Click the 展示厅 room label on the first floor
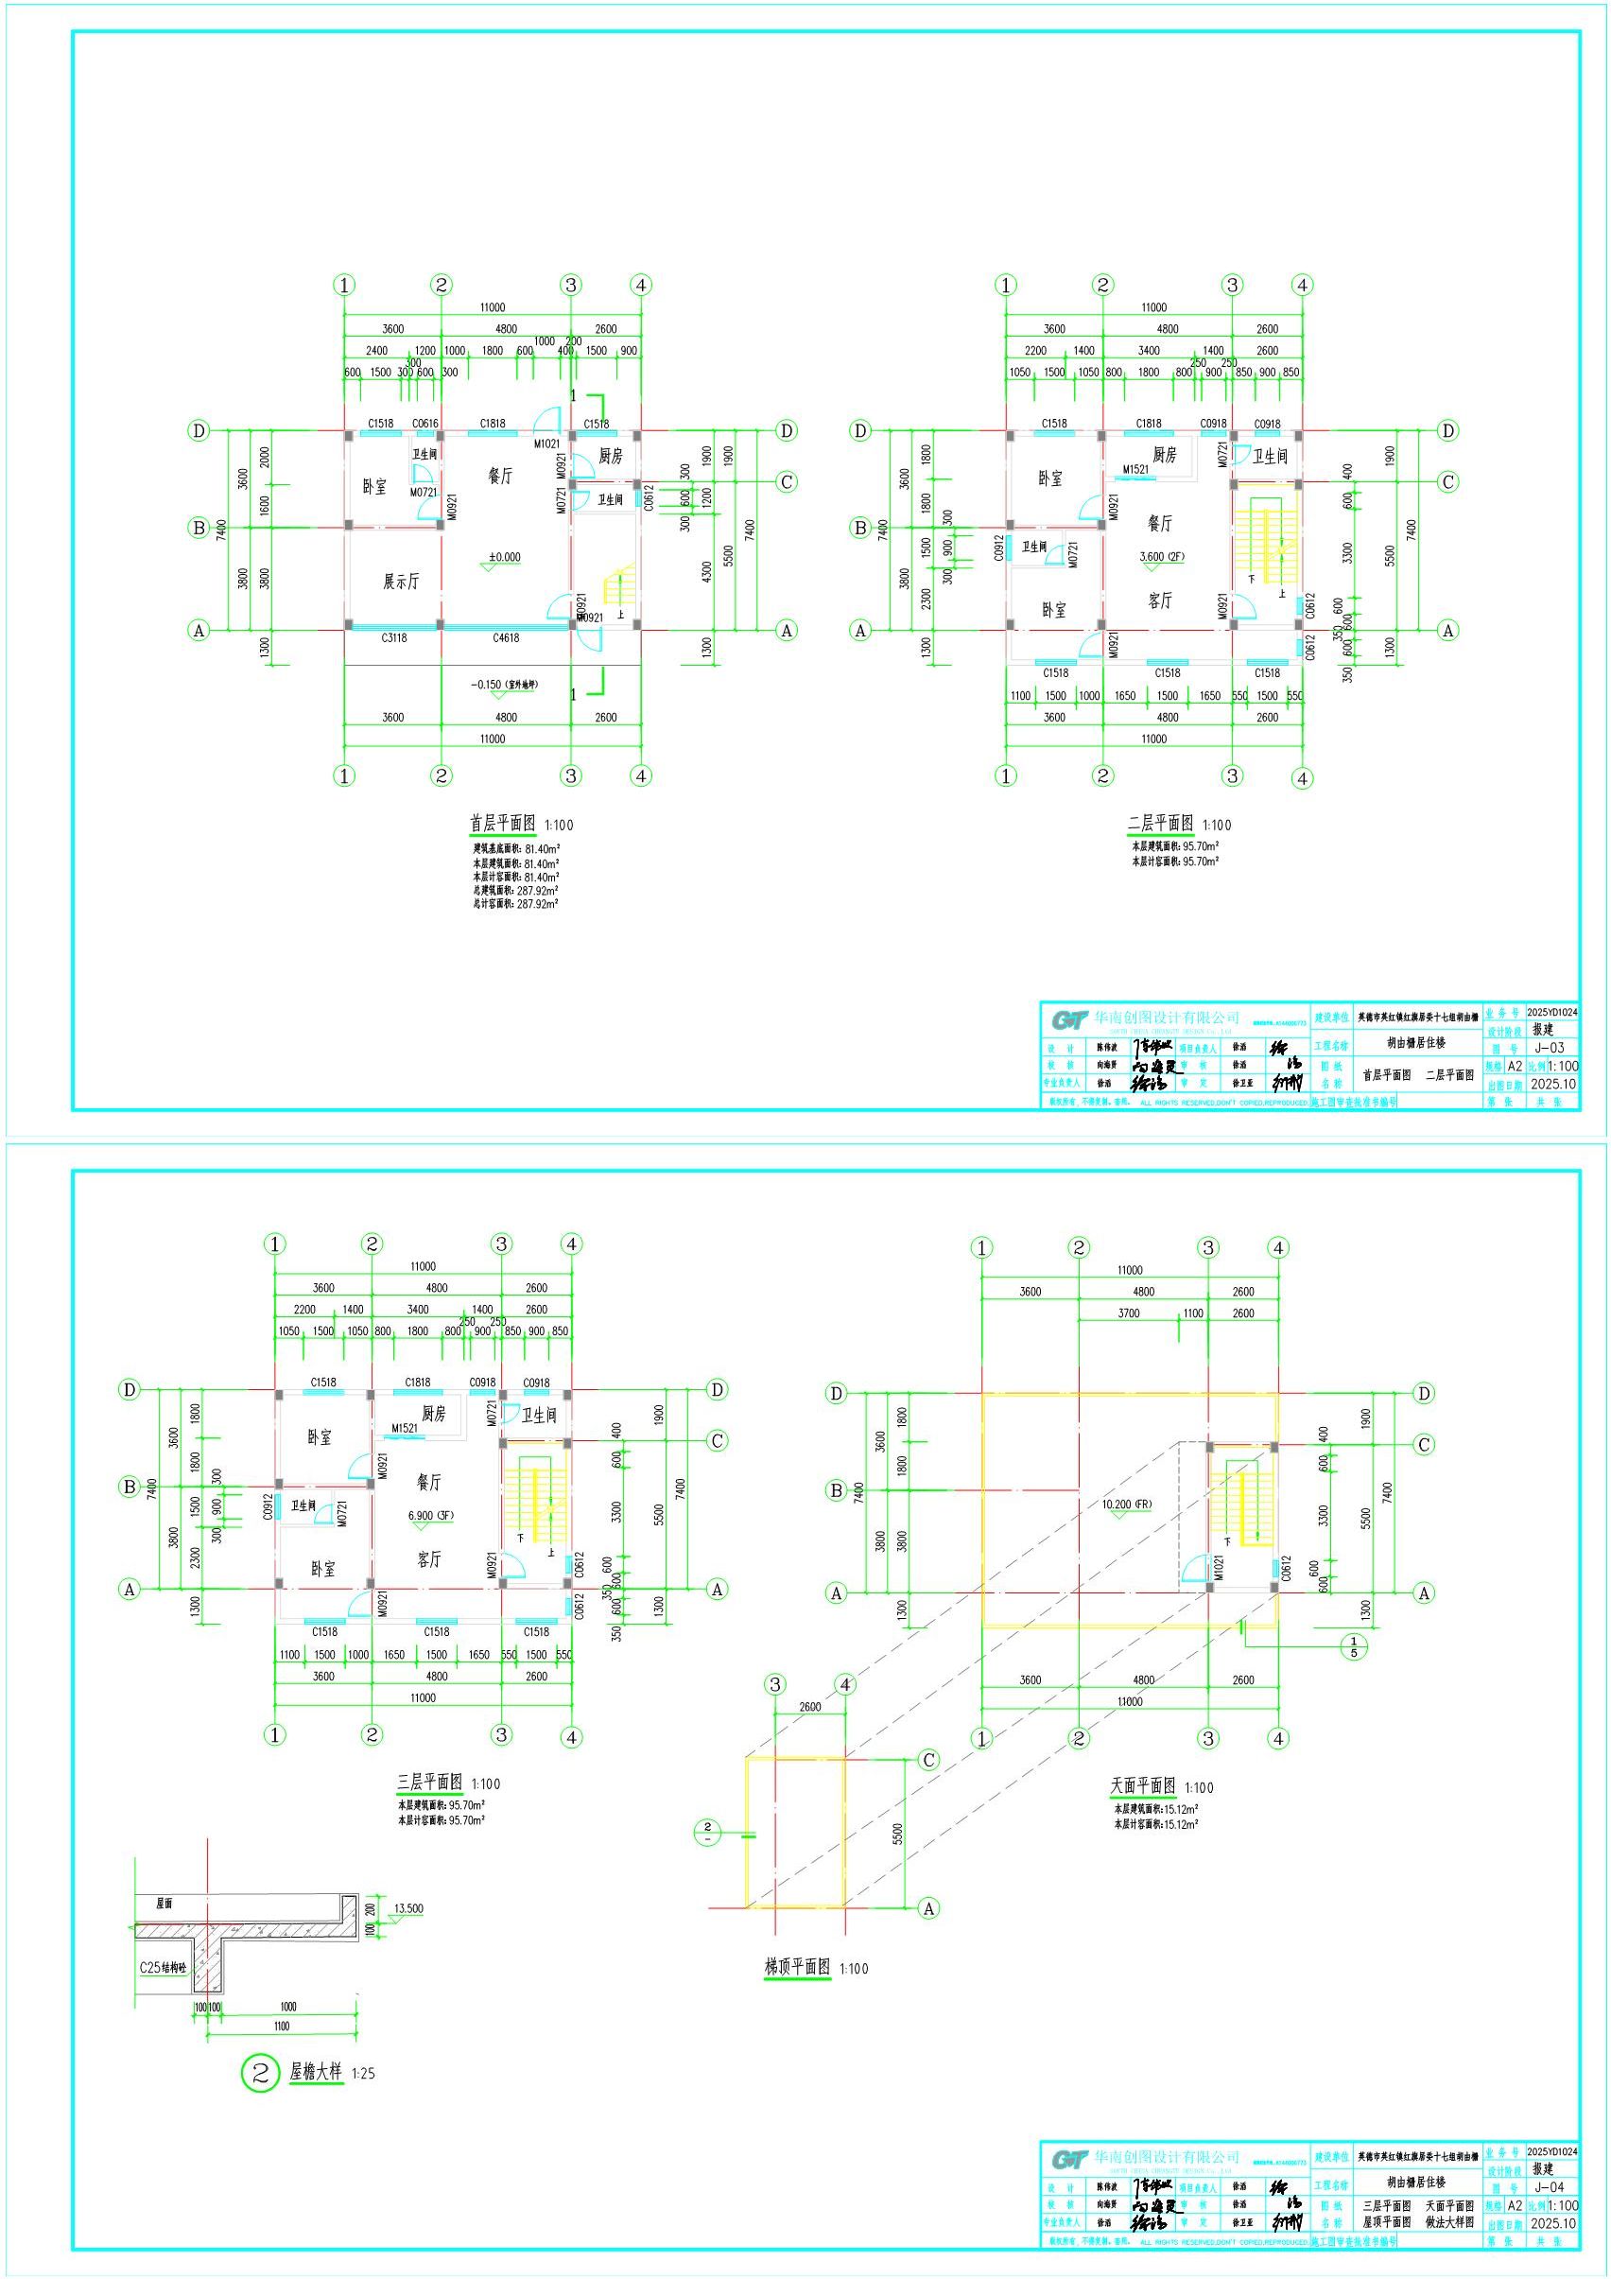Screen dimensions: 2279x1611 [401, 581]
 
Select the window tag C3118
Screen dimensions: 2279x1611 [393, 638]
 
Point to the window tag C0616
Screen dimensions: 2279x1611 [424, 424]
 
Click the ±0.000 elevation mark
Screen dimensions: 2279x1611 [503, 557]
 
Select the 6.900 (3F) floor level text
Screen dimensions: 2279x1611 [429, 1518]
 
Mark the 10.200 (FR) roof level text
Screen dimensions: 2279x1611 [1125, 1504]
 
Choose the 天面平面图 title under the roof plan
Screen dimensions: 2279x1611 [1142, 1786]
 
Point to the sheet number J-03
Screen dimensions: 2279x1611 [1549, 1047]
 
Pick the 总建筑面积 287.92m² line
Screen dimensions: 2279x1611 [515, 891]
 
